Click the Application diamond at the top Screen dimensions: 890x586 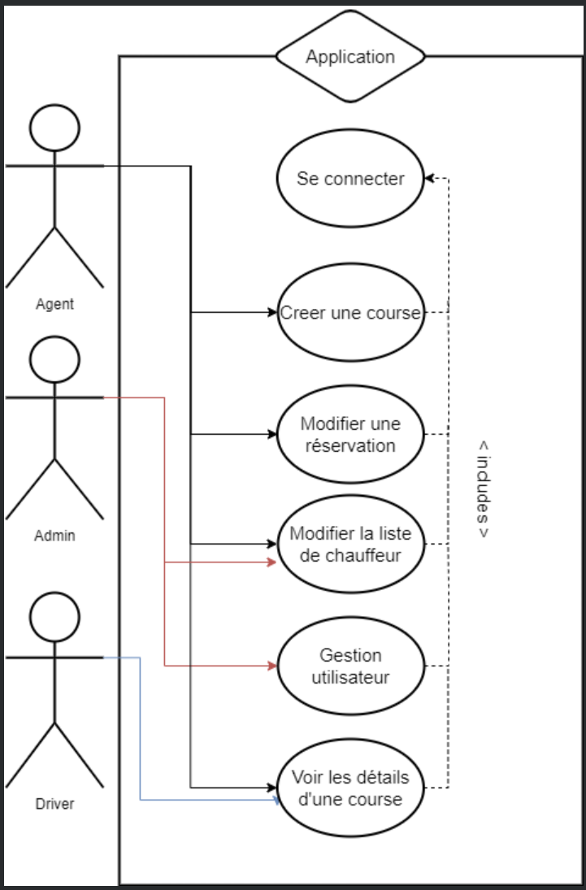click(350, 57)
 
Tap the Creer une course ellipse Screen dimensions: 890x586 click(350, 312)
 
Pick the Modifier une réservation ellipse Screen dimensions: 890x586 click(350, 435)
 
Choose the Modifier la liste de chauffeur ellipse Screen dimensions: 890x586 click(350, 544)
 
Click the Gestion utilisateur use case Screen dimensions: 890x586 click(350, 666)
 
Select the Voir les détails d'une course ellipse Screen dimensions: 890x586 click(350, 788)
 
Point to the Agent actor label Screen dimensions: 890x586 click(54, 304)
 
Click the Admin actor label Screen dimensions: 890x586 click(54, 536)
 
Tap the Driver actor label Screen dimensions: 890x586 click(54, 804)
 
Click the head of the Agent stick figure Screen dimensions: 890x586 click(54, 128)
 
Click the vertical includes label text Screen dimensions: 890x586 click(483, 489)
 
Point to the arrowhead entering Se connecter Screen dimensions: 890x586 click(430, 179)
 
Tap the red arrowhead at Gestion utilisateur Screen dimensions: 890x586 click(272, 666)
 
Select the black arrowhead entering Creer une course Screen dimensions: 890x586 click(272, 311)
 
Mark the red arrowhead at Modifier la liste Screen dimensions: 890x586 click(272, 562)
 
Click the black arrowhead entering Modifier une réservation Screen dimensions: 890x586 click(272, 435)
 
